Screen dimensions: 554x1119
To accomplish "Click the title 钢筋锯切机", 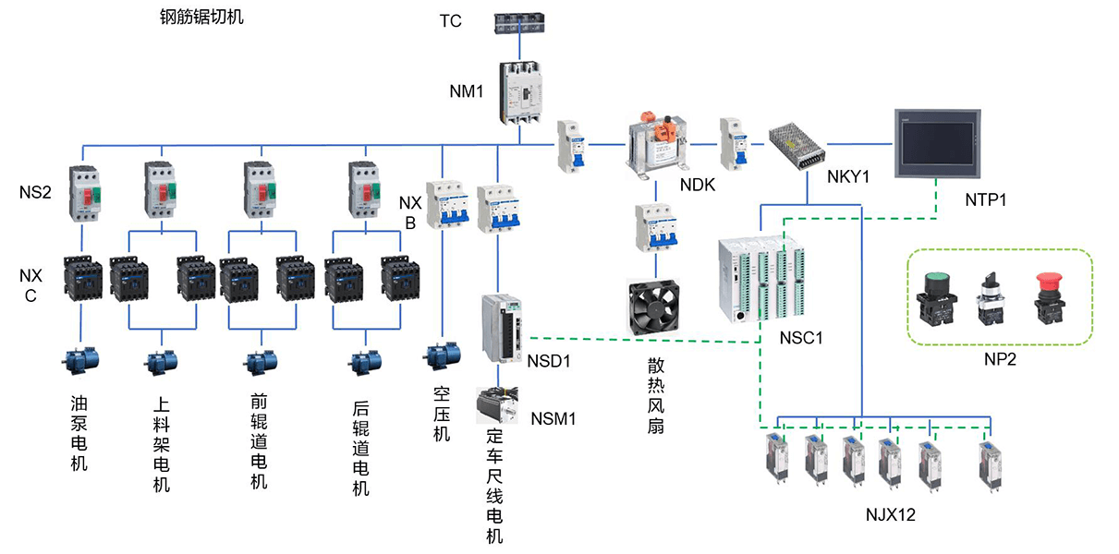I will pyautogui.click(x=201, y=17).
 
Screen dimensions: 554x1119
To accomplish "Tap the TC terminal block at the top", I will pyautogui.click(x=521, y=24).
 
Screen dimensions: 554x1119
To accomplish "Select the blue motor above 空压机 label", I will pyautogui.click(x=442, y=355).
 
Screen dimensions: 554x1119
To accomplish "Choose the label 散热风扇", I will pyautogui.click(x=655, y=395).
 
